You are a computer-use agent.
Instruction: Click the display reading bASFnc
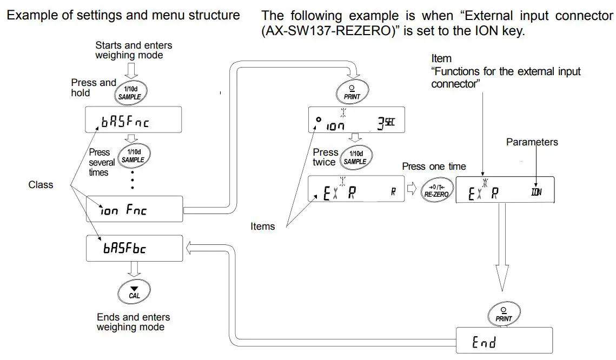(x=132, y=121)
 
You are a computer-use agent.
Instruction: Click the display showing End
(x=504, y=341)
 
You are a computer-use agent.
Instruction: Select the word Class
(x=41, y=185)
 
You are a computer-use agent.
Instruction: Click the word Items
(x=262, y=226)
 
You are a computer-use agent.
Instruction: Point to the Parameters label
(x=532, y=142)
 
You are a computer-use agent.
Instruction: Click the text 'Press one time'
(x=433, y=166)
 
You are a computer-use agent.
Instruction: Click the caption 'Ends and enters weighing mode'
(x=133, y=322)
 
